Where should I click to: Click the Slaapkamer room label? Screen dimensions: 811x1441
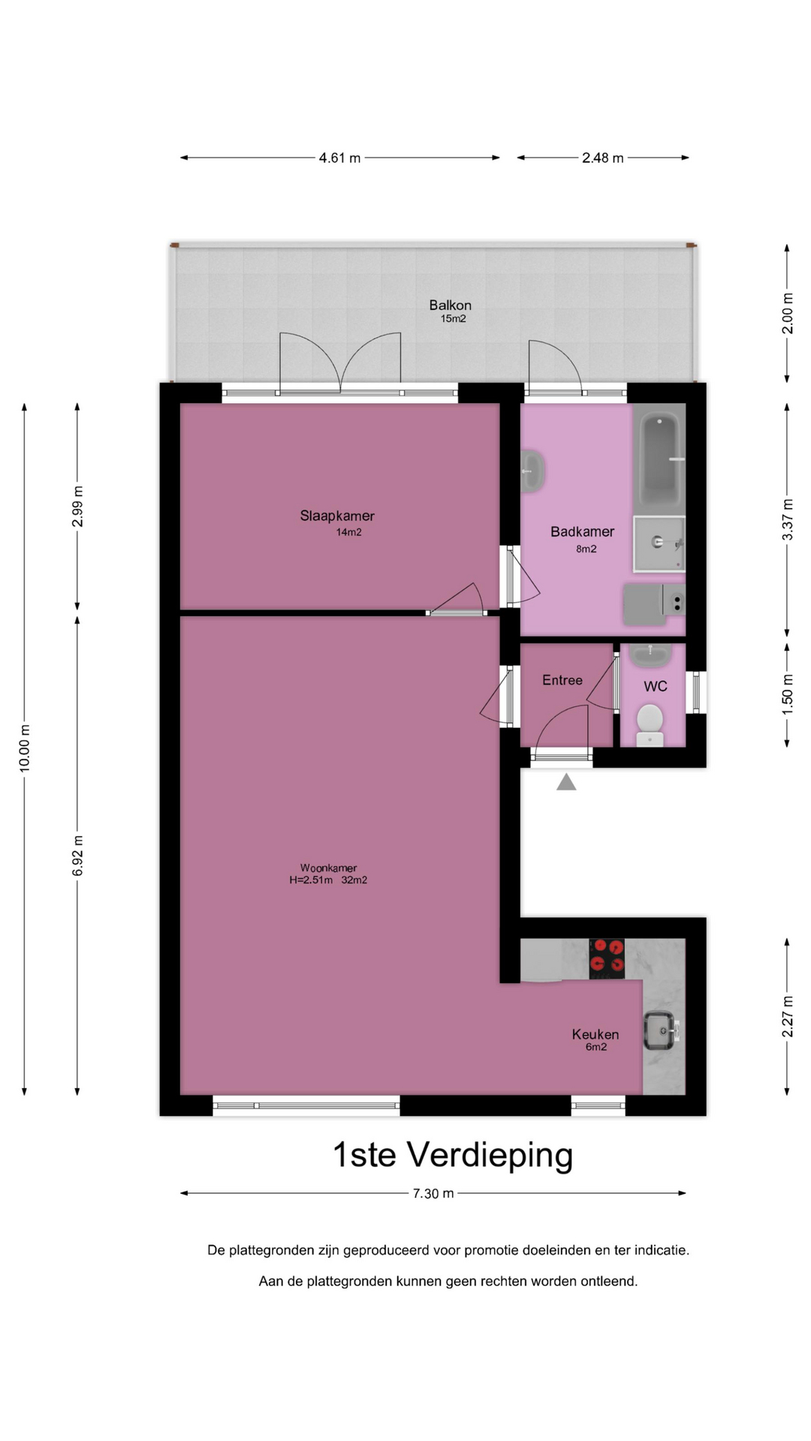click(337, 516)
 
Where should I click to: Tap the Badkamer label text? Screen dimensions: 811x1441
click(582, 531)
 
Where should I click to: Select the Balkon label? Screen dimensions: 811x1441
click(451, 305)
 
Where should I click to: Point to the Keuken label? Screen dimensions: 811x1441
click(595, 1034)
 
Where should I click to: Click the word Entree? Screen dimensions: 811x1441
click(562, 680)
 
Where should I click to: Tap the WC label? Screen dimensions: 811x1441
click(656, 686)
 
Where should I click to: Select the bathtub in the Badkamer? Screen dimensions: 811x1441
click(662, 459)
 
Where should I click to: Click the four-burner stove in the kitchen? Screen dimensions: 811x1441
click(607, 958)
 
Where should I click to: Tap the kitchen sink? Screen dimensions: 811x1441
click(662, 1031)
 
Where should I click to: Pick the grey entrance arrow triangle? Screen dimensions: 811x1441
click(566, 782)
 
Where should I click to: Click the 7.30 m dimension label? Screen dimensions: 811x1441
click(433, 1193)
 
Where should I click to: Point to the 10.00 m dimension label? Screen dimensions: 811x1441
click(25, 748)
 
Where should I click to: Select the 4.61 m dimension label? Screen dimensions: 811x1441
click(339, 158)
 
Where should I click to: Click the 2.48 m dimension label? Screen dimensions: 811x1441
click(603, 158)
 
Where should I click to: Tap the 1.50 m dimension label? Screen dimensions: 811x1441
click(787, 694)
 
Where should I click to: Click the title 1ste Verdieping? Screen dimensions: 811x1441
click(453, 1154)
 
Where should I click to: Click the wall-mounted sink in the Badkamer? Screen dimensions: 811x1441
click(533, 471)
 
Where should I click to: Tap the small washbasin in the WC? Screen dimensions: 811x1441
click(650, 655)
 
